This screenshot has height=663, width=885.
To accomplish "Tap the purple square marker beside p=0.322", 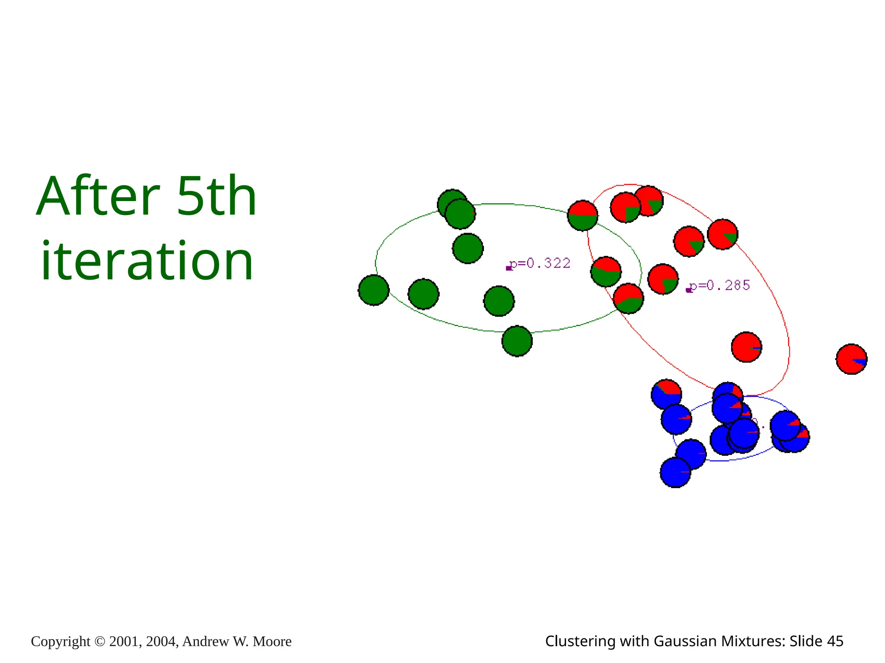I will click(509, 268).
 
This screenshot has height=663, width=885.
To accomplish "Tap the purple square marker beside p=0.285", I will click(688, 290).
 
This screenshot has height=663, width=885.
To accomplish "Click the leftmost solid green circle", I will click(374, 290).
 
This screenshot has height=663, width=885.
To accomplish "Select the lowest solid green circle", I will click(517, 341).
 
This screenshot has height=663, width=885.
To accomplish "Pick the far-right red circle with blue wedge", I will click(851, 359).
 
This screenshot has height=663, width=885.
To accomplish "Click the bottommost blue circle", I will click(675, 473).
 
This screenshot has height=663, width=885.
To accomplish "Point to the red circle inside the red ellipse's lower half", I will click(746, 347).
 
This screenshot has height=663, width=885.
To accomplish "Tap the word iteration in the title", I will click(147, 261).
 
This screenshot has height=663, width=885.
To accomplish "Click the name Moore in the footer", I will click(272, 642).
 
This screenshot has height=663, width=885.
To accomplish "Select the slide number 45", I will click(834, 641).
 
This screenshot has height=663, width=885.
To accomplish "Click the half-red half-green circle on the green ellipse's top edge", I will click(583, 215).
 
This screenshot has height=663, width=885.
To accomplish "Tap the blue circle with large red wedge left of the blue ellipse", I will click(666, 394).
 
